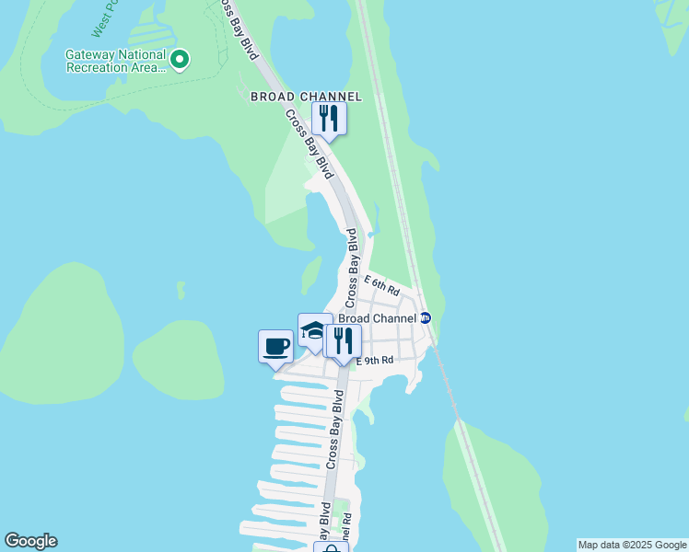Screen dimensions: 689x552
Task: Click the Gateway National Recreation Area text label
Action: (114, 60)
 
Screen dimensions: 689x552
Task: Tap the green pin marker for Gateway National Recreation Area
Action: (181, 61)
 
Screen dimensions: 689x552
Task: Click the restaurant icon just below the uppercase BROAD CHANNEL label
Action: (328, 119)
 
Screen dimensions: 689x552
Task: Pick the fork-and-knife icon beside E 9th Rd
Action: (341, 342)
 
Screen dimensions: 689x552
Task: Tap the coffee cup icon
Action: (275, 347)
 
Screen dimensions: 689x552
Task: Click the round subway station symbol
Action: (426, 318)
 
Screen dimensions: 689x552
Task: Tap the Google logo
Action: (30, 541)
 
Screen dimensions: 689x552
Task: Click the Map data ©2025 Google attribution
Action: (632, 545)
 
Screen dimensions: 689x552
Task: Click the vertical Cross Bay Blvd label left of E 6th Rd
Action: (351, 268)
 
